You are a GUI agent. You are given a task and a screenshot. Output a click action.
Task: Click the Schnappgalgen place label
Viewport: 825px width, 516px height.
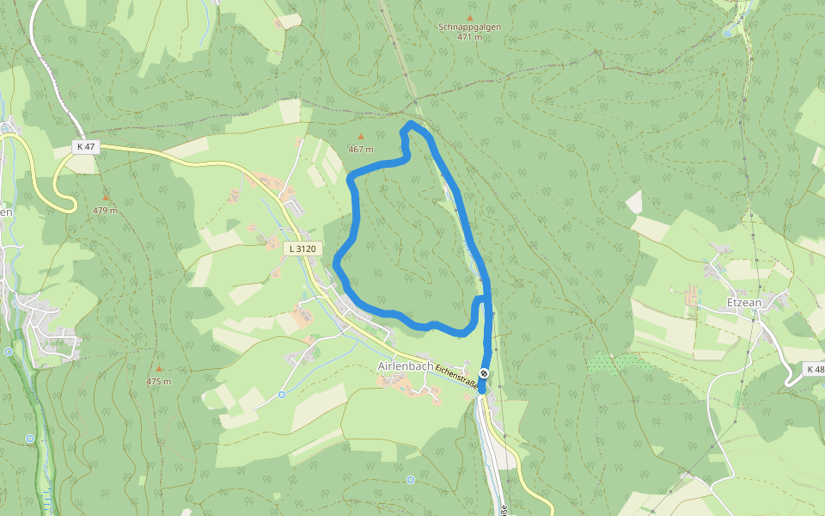[469, 27]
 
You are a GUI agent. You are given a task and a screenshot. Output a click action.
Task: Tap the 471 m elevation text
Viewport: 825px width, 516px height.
[469, 37]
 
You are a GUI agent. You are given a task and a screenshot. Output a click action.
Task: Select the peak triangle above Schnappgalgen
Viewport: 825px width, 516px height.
[469, 16]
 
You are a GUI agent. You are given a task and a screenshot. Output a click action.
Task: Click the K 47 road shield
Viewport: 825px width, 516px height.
[86, 147]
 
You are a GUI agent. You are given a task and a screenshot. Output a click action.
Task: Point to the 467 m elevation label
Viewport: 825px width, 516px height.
[361, 150]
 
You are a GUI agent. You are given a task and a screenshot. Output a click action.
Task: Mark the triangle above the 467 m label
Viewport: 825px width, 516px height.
[361, 137]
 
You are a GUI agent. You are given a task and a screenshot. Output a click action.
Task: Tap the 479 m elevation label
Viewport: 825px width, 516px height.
[105, 211]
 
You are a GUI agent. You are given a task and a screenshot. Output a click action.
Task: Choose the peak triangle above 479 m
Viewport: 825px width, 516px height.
[105, 198]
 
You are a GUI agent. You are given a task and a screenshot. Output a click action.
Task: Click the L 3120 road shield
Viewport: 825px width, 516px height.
[302, 249]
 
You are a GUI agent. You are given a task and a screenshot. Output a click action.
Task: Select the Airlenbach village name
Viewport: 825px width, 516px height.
[406, 365]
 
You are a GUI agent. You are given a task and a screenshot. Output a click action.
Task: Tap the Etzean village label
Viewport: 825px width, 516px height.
[745, 303]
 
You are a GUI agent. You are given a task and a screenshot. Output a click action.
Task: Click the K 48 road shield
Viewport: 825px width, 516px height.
[815, 369]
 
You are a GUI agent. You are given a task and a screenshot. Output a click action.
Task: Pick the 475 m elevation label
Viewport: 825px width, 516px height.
[158, 381]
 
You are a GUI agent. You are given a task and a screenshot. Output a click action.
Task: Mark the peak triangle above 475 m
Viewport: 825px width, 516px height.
[158, 368]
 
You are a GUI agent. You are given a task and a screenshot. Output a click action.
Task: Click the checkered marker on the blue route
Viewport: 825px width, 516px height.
[485, 373]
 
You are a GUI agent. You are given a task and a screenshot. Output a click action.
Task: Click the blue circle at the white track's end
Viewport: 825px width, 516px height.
[282, 395]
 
